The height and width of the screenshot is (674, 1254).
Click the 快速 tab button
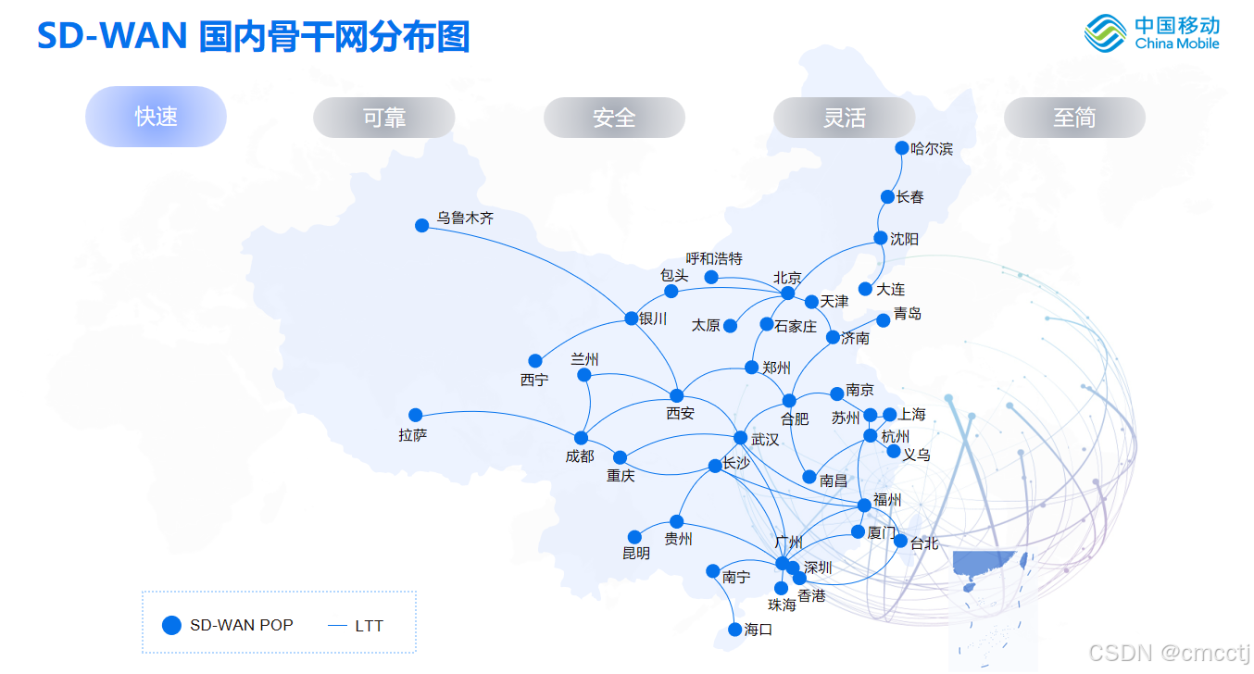[156, 117]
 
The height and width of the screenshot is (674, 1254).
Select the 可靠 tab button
[384, 118]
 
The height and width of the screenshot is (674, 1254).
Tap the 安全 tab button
[614, 118]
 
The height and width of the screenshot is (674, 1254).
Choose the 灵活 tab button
[844, 118]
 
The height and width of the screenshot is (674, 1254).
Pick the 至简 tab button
[1074, 118]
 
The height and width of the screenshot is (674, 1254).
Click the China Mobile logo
[1152, 34]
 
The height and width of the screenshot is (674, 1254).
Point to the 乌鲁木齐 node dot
[421, 225]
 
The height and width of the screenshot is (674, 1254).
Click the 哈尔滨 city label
[932, 148]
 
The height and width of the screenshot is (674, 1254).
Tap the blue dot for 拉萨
[415, 415]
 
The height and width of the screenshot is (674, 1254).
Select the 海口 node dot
[735, 630]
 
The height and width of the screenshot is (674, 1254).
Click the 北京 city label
[787, 277]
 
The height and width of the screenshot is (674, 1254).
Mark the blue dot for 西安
[676, 396]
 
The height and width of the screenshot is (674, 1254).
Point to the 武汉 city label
[765, 440]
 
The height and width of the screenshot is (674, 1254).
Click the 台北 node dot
[900, 541]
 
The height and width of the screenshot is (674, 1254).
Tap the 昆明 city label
[635, 554]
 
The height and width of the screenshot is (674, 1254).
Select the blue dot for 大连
[865, 289]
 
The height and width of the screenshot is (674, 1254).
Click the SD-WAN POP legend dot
[171, 625]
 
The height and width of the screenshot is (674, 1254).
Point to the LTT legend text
[369, 626]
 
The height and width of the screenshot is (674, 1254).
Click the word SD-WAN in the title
[112, 37]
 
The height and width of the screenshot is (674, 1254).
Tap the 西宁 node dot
[534, 360]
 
